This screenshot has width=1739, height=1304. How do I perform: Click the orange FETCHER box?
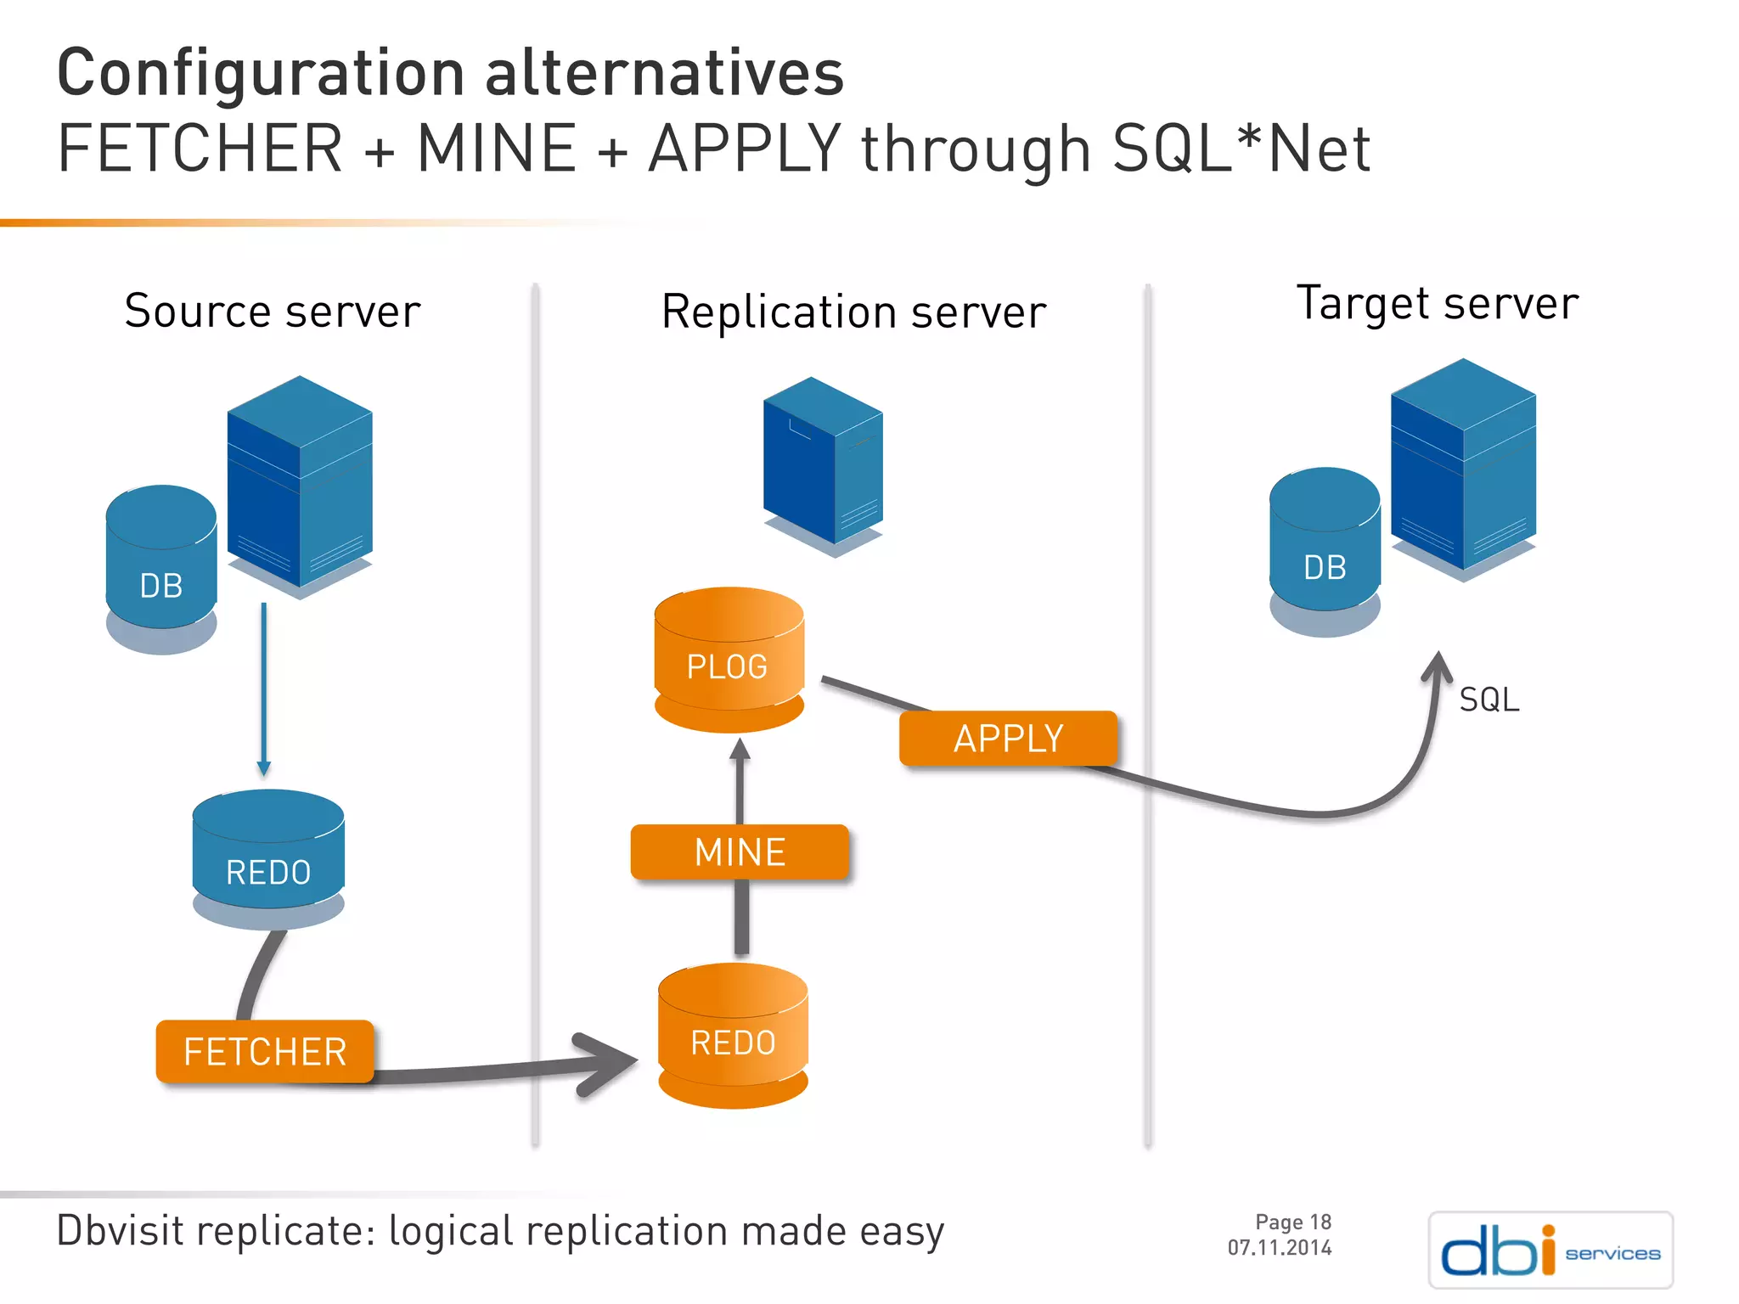pyautogui.click(x=265, y=1052)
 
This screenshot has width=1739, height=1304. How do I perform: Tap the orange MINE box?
pyautogui.click(x=740, y=852)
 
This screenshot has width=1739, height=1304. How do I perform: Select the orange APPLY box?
pyautogui.click(x=1008, y=739)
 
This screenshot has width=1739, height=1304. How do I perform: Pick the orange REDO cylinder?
pyautogui.click(x=733, y=1037)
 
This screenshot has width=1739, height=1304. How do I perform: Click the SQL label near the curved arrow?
pyautogui.click(x=1489, y=700)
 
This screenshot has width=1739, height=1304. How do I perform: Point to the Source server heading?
pyautogui.click(x=273, y=312)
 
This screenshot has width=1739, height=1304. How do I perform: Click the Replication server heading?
pyautogui.click(x=853, y=312)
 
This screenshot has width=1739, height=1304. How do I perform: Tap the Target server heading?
pyautogui.click(x=1438, y=304)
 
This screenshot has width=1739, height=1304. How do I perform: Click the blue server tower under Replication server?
pyautogui.click(x=822, y=463)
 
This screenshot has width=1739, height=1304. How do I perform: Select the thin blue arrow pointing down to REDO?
pyautogui.click(x=264, y=688)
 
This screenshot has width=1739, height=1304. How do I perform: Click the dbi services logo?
pyautogui.click(x=1550, y=1250)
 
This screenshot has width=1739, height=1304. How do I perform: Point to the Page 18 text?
pyautogui.click(x=1292, y=1222)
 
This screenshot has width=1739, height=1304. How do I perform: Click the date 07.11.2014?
pyautogui.click(x=1279, y=1248)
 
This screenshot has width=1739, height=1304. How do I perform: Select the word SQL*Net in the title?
pyautogui.click(x=1241, y=149)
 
